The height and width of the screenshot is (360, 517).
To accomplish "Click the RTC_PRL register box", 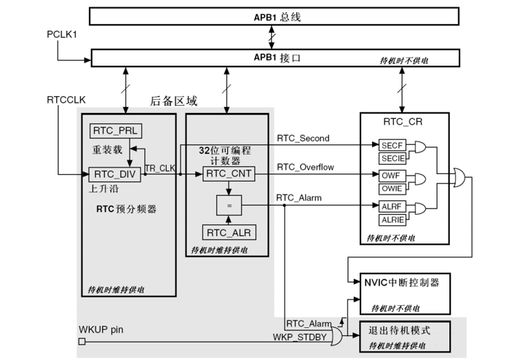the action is click(116, 130).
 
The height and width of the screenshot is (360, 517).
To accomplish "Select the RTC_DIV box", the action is click(115, 174).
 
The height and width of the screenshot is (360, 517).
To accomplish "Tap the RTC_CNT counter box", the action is click(229, 173).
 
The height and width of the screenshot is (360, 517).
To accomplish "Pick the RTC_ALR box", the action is click(229, 232).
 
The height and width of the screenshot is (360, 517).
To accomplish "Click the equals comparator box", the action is click(229, 206).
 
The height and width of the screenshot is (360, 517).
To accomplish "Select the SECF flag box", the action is click(392, 145).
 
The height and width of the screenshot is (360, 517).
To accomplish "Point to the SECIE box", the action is click(392, 158).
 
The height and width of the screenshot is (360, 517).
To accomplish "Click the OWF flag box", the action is click(392, 176).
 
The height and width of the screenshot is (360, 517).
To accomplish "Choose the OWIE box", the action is click(392, 189).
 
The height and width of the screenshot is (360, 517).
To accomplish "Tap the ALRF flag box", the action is click(392, 206).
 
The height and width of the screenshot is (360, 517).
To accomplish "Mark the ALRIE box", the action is click(392, 220).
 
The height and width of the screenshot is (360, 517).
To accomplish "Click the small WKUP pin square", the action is click(82, 342).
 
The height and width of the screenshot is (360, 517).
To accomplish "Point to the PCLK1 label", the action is click(62, 34).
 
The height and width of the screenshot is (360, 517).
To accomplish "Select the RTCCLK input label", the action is click(66, 100).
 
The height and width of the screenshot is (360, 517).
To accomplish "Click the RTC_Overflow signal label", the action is click(305, 168).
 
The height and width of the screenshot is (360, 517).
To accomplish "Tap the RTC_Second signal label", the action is click(303, 138).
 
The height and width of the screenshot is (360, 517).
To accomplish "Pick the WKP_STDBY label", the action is click(300, 337).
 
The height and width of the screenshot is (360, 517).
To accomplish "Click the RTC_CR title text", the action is click(403, 122).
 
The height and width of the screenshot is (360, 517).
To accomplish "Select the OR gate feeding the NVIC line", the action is click(459, 178).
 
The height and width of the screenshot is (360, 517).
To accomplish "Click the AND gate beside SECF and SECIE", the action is click(419, 146).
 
